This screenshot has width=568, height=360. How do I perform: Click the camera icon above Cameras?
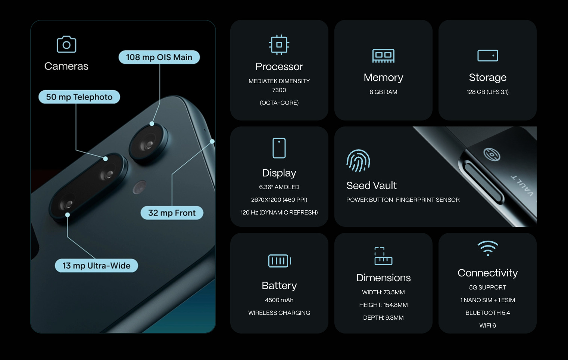tap(66, 44)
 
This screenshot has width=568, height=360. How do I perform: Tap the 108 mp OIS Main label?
tap(159, 57)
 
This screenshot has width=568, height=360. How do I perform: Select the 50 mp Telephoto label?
tap(79, 97)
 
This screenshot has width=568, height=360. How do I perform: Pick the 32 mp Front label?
tap(172, 213)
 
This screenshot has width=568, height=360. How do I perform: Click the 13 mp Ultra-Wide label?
tap(96, 266)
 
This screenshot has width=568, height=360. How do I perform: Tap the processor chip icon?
tap(279, 45)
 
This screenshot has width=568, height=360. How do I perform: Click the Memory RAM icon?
tap(383, 56)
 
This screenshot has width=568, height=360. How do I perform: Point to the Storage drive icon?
tap(487, 56)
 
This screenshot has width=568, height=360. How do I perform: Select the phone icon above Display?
tap(279, 148)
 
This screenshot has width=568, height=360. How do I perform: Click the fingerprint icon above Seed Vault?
tap(358, 161)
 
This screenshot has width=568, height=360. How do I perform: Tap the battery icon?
tap(280, 261)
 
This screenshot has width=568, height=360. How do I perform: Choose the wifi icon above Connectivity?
tap(488, 248)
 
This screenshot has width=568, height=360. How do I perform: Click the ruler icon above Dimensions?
tap(383, 256)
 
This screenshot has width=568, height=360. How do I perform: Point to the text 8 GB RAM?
tap(383, 92)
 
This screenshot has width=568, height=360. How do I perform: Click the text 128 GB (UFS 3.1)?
tap(487, 92)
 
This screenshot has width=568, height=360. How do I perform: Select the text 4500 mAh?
tap(279, 300)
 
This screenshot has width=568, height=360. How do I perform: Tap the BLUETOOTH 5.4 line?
tap(487, 313)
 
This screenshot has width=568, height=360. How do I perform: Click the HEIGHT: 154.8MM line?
tap(383, 305)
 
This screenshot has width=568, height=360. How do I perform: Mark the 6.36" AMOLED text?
tap(279, 187)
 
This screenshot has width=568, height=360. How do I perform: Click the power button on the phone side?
tap(483, 182)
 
